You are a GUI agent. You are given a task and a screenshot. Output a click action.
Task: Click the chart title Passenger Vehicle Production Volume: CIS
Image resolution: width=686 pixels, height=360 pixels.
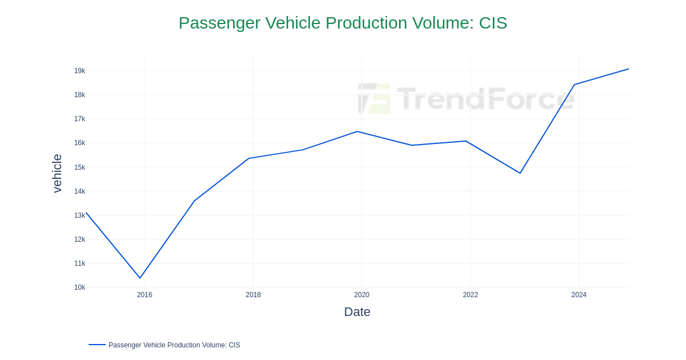342,23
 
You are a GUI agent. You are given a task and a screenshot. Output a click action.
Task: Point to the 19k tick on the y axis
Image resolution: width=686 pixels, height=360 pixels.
79,71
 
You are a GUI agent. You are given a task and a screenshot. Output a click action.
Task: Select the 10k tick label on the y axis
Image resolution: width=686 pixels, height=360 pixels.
79,287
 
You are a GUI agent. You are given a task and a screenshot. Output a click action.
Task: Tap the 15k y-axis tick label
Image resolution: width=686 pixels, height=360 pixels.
79,167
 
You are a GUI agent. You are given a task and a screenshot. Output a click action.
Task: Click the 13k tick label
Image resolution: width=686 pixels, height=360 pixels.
79,215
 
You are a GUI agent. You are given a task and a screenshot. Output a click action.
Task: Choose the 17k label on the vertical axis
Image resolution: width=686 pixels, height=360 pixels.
79,119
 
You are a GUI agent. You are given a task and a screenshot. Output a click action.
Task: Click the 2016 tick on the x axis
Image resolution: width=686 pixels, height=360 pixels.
145,295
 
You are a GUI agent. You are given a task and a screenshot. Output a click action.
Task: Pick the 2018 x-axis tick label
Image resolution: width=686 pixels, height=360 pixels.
253,295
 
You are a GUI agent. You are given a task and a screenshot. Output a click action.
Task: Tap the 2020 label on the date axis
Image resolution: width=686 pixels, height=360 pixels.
362,295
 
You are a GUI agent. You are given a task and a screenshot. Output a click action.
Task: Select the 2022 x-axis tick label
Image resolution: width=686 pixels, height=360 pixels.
470,295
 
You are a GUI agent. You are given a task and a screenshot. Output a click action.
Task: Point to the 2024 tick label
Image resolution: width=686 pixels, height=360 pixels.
579,295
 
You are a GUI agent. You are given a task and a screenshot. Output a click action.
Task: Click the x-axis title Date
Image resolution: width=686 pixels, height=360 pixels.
357,312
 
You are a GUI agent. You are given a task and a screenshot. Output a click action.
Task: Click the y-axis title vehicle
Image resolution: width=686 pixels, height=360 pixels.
57,173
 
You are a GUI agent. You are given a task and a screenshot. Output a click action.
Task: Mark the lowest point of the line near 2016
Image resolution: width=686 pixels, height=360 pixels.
140,278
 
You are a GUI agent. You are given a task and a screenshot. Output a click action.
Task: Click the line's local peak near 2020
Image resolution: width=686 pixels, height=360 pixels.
357,131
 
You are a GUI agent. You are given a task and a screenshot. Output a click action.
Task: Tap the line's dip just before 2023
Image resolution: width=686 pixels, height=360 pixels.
520,173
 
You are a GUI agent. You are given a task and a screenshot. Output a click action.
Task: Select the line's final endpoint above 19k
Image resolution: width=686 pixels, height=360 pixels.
628,69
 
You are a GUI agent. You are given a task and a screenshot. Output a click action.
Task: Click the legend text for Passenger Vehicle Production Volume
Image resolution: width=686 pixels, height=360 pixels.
174,345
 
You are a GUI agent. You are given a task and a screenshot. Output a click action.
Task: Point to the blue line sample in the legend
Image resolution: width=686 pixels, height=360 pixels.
97,345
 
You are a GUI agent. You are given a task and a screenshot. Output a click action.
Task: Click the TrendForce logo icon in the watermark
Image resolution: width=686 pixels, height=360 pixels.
374,98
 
